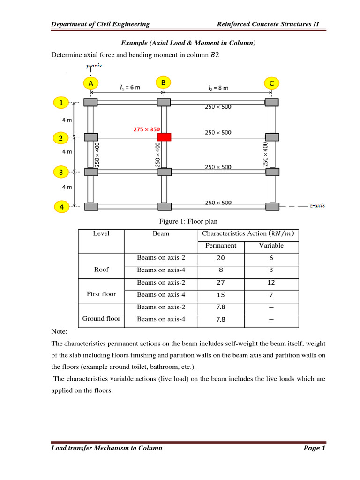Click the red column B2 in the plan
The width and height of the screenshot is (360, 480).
coord(164,137)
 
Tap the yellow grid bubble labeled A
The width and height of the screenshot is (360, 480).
coord(90,83)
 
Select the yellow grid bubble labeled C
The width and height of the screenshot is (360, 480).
coord(271,83)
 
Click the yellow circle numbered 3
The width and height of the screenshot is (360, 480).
coord(60,172)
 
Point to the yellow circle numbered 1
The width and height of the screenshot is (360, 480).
coord(60,102)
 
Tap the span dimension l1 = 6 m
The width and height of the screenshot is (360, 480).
coord(127,87)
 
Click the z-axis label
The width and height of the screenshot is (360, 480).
coord(317,205)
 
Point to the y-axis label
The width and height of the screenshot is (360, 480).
coord(93,66)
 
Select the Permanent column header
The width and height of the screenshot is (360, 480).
coord(221,246)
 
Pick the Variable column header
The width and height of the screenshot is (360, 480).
coord(271,246)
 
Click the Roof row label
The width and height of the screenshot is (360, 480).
coord(101,270)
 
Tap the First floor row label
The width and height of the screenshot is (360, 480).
coord(101,294)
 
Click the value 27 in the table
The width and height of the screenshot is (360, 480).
coord(221,283)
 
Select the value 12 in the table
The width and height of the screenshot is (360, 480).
coord(271,283)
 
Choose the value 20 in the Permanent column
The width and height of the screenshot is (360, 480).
coord(221,258)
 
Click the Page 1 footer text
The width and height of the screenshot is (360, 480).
coord(314,448)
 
